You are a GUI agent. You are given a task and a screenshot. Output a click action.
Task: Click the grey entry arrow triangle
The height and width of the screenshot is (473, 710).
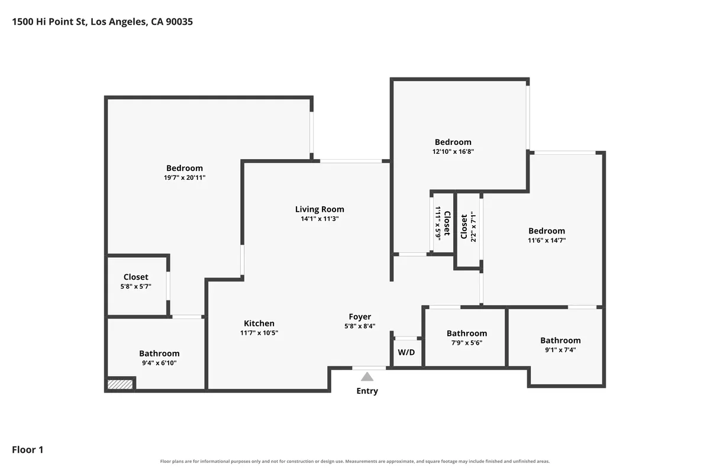pos(367,377)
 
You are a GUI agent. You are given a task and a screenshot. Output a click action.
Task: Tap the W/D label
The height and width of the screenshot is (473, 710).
pos(406,352)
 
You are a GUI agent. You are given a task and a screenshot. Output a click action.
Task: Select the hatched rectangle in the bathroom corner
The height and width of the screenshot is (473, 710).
pos(120,384)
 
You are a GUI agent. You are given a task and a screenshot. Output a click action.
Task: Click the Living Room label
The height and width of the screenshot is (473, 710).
pos(319,209)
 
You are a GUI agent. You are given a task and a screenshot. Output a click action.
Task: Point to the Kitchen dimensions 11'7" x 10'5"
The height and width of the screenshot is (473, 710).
pos(259,333)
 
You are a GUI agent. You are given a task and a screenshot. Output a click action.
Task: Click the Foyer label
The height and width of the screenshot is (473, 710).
pos(360,316)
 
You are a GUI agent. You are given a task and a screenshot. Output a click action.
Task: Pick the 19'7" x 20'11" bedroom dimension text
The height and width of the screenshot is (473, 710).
pos(185,177)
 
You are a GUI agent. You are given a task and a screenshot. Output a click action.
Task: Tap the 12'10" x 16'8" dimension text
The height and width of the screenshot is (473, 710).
pos(453,151)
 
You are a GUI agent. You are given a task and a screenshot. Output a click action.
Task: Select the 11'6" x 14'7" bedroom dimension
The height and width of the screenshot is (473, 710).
pos(547,240)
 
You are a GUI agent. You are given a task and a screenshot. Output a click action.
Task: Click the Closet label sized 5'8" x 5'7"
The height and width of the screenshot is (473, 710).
pos(135,277)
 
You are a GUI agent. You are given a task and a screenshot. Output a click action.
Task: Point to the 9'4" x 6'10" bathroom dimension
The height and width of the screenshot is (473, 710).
pos(159,363)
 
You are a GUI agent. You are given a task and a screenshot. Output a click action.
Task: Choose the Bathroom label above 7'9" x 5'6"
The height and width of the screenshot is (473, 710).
pos(467,333)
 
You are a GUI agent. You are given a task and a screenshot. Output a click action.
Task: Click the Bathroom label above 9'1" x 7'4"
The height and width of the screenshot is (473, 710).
pos(560,340)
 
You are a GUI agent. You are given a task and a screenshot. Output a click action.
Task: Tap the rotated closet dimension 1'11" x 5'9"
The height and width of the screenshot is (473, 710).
pos(438,223)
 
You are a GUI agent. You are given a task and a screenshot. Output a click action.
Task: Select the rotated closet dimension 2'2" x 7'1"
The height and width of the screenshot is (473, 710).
pos(473,226)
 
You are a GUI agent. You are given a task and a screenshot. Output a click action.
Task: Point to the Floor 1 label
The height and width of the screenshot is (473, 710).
pos(28,449)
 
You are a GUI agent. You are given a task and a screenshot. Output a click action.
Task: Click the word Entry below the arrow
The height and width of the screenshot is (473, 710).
pos(367,391)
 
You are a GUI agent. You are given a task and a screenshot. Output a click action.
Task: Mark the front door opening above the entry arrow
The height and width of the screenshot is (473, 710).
pos(369,368)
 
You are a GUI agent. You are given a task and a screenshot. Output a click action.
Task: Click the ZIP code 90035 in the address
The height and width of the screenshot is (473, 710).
pos(179,21)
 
